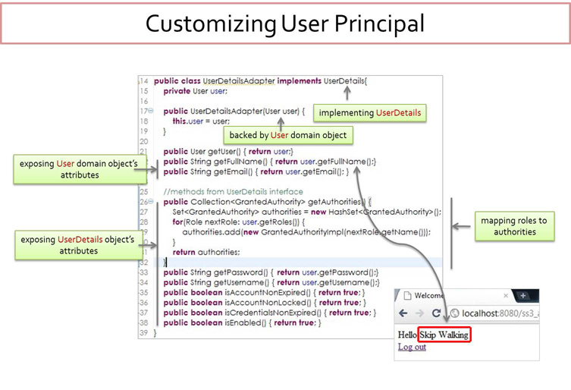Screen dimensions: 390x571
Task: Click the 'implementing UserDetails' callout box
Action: (x=369, y=113)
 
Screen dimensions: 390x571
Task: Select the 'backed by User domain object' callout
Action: (x=287, y=135)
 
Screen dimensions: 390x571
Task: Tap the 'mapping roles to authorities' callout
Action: (x=514, y=226)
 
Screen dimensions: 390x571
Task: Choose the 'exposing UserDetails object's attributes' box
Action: (x=77, y=245)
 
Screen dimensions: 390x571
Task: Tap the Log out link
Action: (x=412, y=348)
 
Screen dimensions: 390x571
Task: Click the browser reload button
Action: (x=436, y=313)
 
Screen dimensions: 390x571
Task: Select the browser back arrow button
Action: (x=403, y=313)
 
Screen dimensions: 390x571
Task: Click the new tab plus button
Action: (x=523, y=295)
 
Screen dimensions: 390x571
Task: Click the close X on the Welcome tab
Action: (x=506, y=295)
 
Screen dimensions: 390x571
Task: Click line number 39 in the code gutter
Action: (x=144, y=332)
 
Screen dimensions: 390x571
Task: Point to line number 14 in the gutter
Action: (x=144, y=81)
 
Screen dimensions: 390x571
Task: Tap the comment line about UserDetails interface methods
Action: (x=233, y=192)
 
